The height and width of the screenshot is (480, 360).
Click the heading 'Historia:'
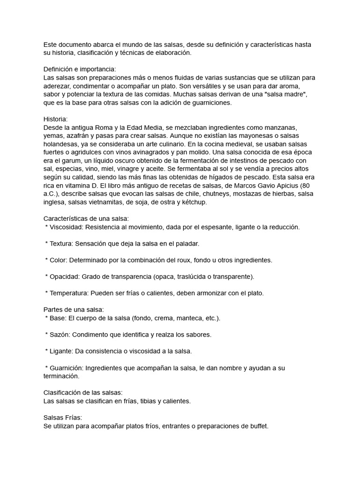click(55, 119)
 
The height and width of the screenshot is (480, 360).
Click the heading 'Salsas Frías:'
click(62, 418)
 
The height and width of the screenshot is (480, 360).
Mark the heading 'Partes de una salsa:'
click(73, 310)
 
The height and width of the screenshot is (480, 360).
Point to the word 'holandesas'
click(60, 144)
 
